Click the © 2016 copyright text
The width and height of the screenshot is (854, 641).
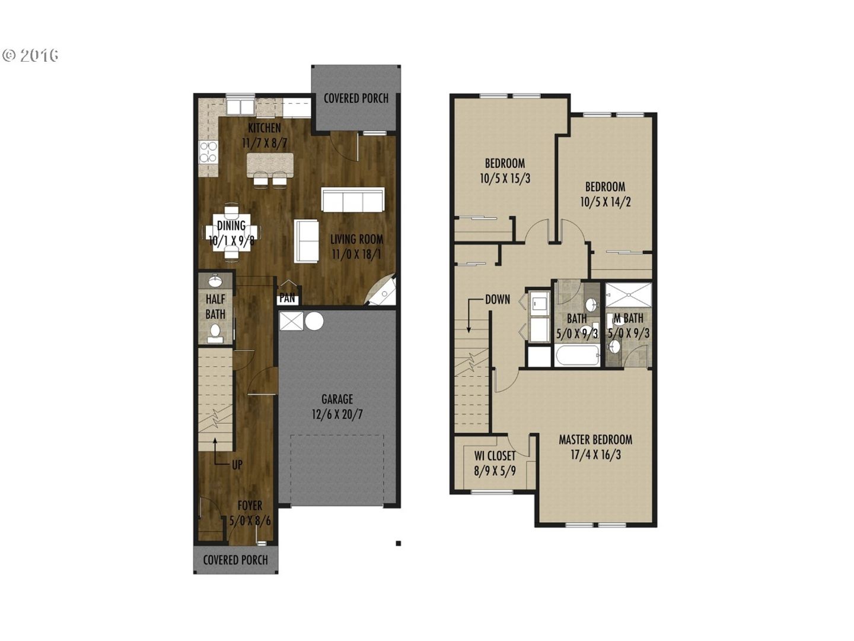30,55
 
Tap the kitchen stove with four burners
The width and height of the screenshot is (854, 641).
208,152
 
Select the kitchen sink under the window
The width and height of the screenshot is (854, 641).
240,107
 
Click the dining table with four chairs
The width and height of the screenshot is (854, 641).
231,232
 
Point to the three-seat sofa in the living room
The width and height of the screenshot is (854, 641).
353,199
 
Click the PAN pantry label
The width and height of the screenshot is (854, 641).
288,298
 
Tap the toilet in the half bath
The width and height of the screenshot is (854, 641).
215,334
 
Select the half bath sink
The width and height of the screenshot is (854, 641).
215,280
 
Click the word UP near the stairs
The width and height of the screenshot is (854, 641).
237,464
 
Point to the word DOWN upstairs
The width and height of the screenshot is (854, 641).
498,299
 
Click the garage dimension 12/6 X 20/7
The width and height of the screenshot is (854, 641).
337,414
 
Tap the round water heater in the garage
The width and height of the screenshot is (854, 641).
314,322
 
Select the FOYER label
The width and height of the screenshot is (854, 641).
250,506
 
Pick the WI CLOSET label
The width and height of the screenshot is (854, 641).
495,455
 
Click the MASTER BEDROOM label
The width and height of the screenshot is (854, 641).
595,440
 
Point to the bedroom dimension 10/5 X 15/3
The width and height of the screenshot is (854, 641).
505,179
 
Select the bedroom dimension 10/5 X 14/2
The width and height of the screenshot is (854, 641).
606,202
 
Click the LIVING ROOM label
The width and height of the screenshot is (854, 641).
357,239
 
